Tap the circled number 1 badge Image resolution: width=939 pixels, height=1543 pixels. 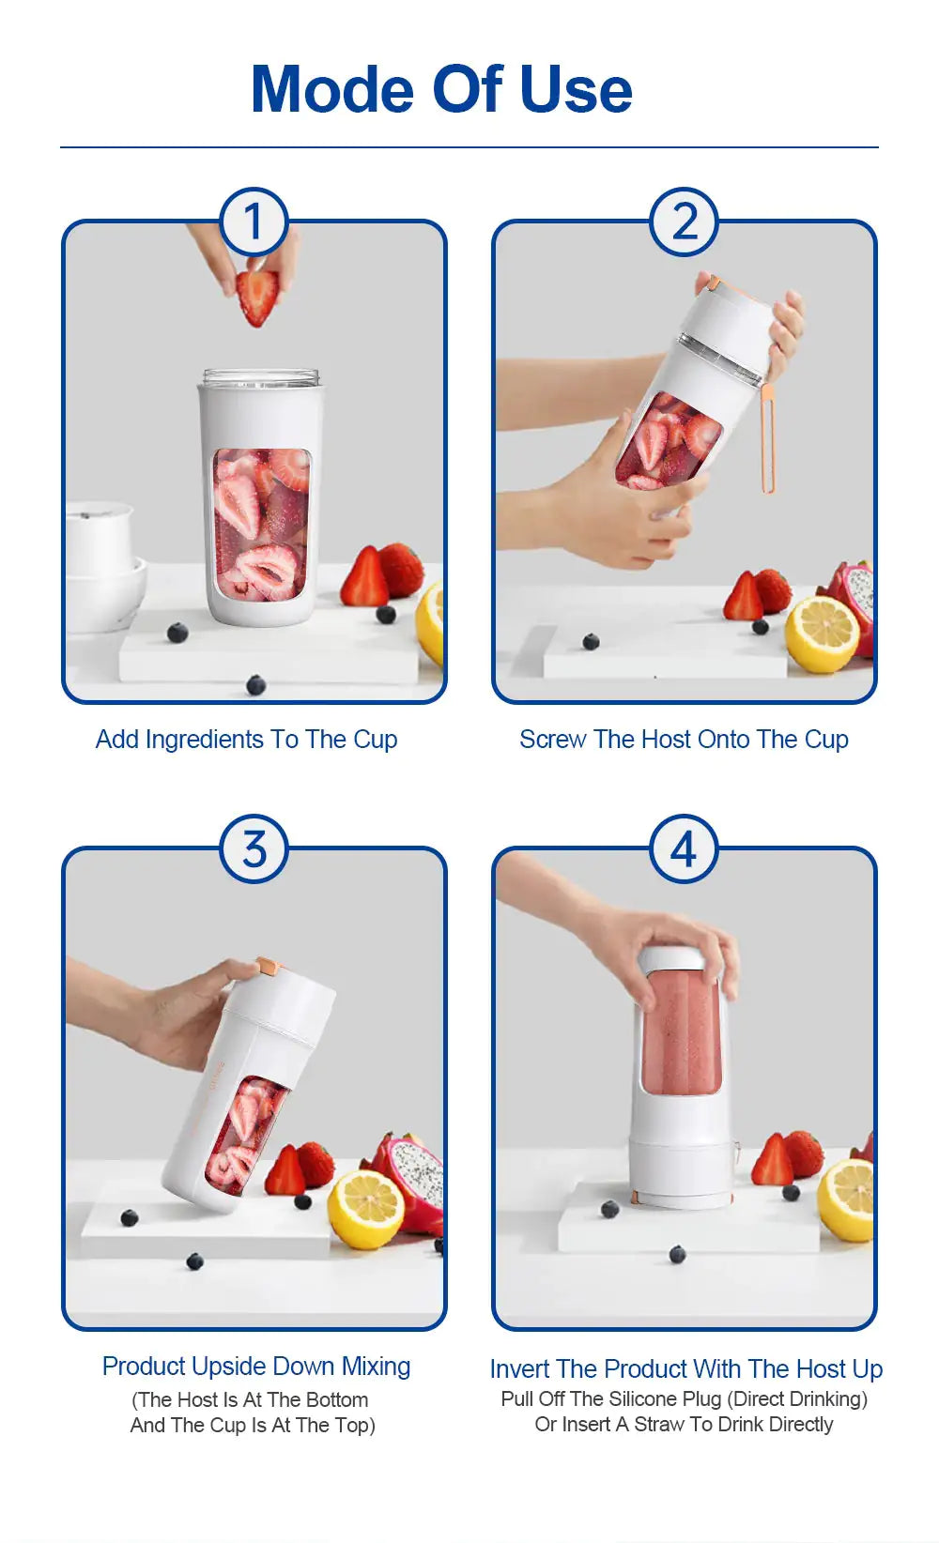coord(254,222)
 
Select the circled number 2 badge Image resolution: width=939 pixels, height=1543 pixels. coord(685,222)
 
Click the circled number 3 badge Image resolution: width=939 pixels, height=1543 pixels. coord(254,849)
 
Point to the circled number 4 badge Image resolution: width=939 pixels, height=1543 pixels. coord(685,849)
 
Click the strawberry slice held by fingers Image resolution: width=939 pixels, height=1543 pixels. coord(258,296)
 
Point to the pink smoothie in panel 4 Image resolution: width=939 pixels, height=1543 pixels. coord(682,1032)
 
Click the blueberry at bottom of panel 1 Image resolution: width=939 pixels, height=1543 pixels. coord(255,684)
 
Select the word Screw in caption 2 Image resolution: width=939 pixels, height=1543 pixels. coord(553,740)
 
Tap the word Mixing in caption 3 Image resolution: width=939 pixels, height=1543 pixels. coord(376,1367)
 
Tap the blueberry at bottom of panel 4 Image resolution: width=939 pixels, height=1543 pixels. coord(677,1254)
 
